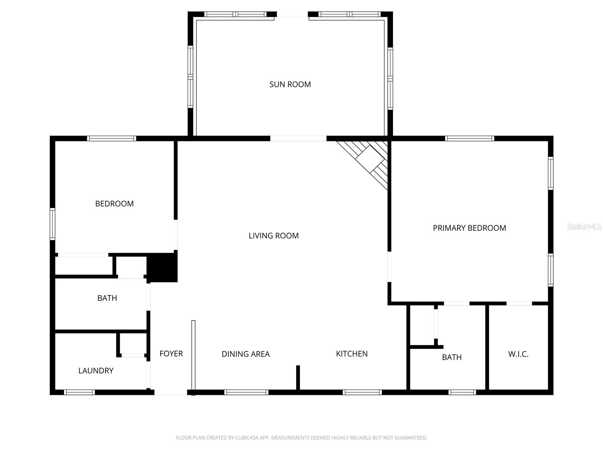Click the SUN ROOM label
[290, 84]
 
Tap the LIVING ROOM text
[274, 236]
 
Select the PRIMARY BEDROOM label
[469, 228]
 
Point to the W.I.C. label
[518, 354]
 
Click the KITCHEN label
[352, 354]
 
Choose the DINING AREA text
[245, 354]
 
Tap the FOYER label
[171, 354]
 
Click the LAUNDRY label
[96, 371]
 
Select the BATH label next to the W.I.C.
[451, 357]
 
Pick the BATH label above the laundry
[107, 298]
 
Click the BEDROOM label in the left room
[114, 204]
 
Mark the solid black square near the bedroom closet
[162, 268]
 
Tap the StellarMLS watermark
[584, 227]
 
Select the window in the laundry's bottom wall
[79, 392]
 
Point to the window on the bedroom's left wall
[53, 224]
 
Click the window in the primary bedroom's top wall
[469, 139]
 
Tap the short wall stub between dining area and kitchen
[298, 377]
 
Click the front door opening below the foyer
[171, 393]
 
